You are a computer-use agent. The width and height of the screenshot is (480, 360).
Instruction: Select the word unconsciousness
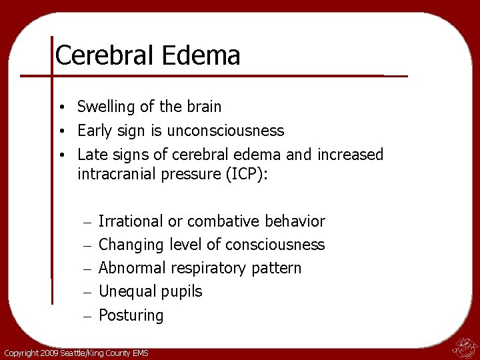click(x=227, y=131)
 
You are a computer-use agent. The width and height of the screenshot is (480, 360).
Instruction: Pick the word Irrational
click(x=131, y=221)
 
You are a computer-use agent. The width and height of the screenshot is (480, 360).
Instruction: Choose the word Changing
click(x=131, y=245)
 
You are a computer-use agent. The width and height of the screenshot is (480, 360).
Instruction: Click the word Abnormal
click(x=132, y=268)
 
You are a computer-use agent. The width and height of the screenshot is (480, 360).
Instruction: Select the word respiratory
click(x=209, y=269)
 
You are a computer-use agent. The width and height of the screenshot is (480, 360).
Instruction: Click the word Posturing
click(x=131, y=315)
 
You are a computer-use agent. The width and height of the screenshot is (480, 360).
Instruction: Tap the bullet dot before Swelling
click(x=61, y=107)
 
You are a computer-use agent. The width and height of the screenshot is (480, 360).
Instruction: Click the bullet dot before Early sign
click(x=61, y=131)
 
